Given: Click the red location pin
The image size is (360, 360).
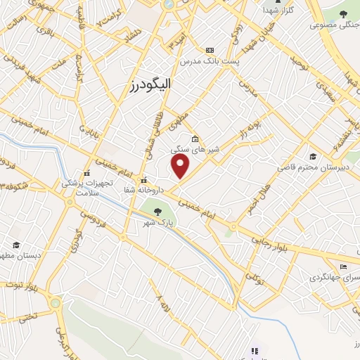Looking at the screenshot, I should click(x=181, y=166).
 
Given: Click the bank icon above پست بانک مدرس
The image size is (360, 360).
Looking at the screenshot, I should click(x=210, y=50).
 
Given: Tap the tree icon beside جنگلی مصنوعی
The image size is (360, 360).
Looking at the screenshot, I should click(x=342, y=15).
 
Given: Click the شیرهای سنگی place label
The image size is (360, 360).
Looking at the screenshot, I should click(x=195, y=149).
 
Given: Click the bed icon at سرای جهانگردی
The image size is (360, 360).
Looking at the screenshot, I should click(x=342, y=266).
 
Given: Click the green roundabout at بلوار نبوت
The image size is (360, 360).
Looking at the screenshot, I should click(x=56, y=303).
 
